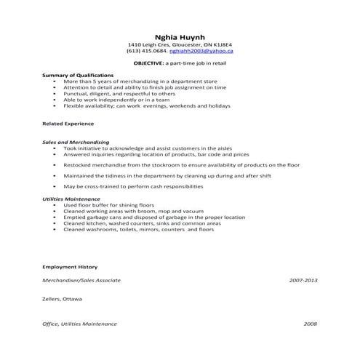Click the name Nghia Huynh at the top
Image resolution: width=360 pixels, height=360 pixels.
[180, 36]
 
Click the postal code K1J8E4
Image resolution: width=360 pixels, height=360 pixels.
[221, 44]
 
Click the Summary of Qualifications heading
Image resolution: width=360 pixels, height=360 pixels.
[78, 75]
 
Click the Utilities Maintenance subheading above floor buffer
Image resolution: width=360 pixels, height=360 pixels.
[71, 199]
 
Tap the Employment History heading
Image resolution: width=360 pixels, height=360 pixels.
[70, 267]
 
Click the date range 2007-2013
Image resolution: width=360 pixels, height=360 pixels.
[303, 280]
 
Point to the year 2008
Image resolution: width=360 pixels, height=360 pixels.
[311, 324]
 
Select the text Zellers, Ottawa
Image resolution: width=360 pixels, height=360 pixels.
[63, 298]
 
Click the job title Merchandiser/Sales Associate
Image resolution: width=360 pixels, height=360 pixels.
[81, 280]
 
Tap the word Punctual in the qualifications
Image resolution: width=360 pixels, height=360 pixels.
[75, 93]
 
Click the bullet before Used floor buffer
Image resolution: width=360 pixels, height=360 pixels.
[55, 206]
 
